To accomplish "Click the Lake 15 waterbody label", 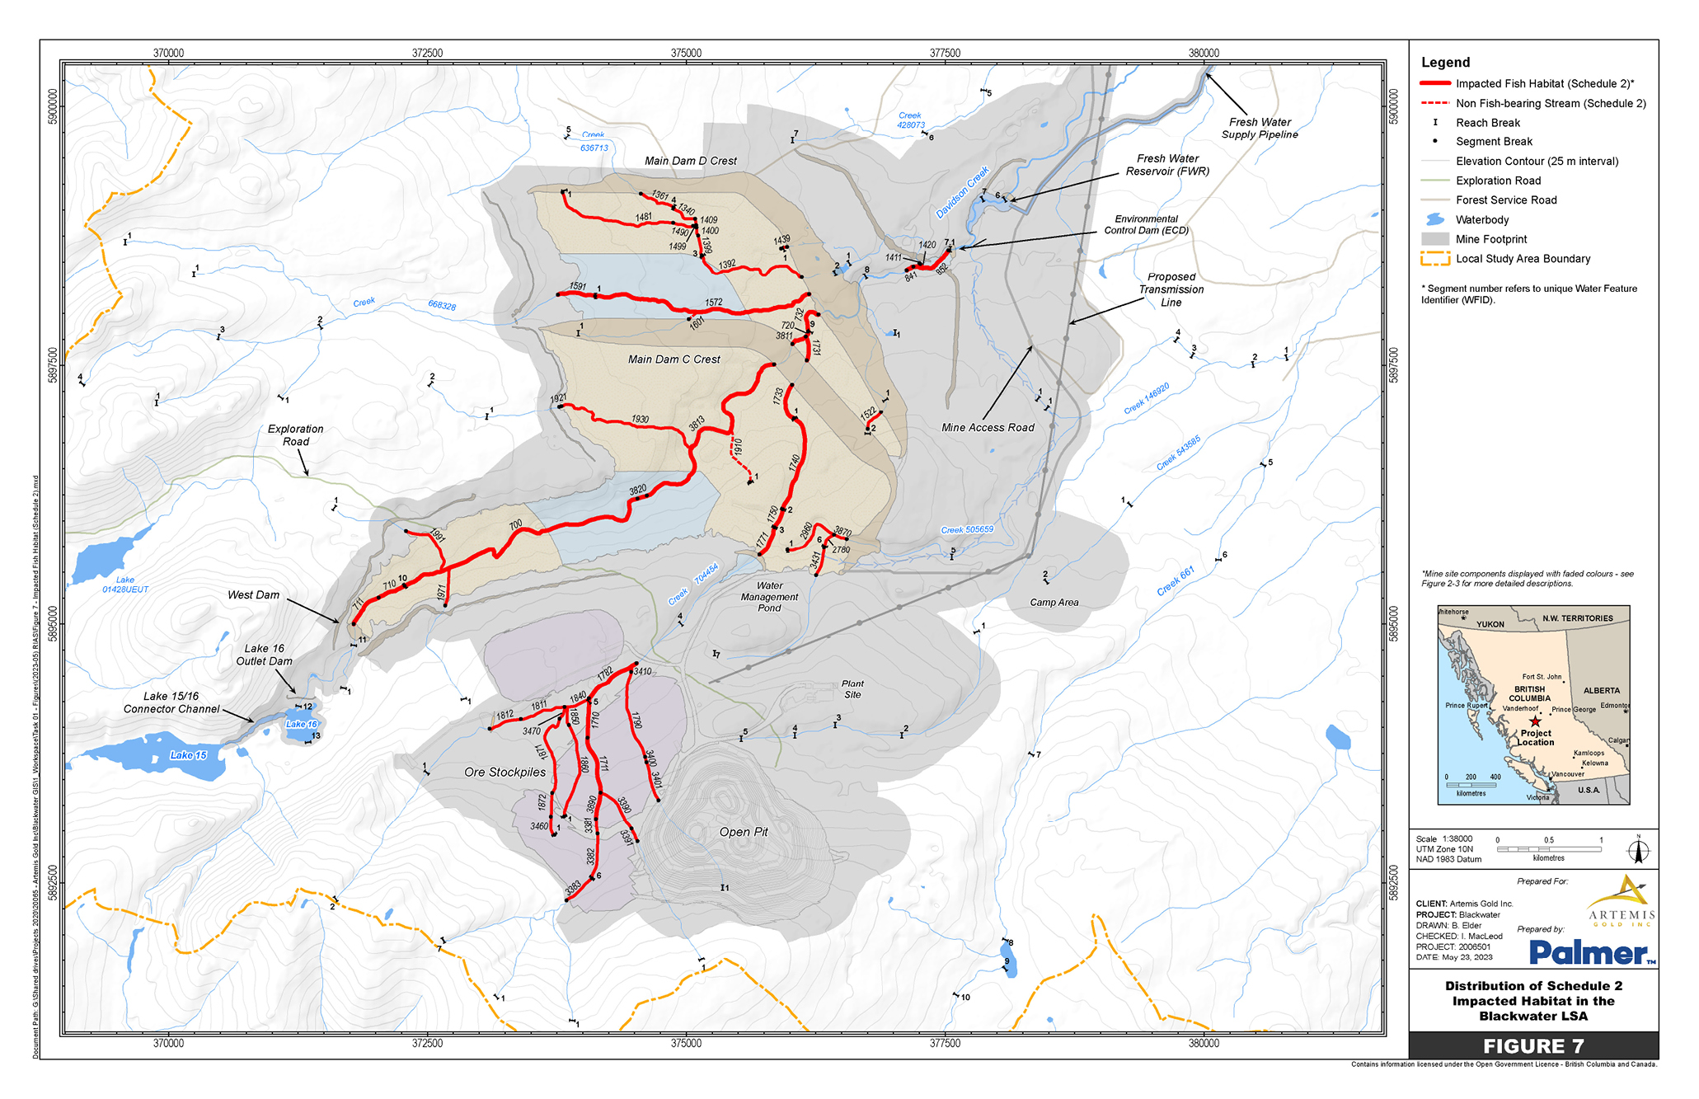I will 188,755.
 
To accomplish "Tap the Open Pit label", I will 743,832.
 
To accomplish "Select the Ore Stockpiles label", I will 505,773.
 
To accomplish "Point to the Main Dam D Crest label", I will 690,161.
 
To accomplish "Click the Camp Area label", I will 1054,603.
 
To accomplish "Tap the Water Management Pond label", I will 769,597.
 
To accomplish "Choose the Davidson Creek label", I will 961,193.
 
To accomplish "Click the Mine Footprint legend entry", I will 1490,239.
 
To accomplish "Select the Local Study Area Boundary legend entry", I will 1522,259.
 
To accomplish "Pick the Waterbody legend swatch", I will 1435,219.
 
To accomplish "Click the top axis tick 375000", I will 686,53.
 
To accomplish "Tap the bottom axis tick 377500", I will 945,1043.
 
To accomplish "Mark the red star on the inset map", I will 1535,721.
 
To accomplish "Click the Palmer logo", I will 1592,953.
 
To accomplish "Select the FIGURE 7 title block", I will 1532,1046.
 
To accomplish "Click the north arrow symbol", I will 1638,850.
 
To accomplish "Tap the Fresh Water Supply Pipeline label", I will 1259,128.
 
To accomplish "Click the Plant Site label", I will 852,689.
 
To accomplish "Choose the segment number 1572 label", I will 714,303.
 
